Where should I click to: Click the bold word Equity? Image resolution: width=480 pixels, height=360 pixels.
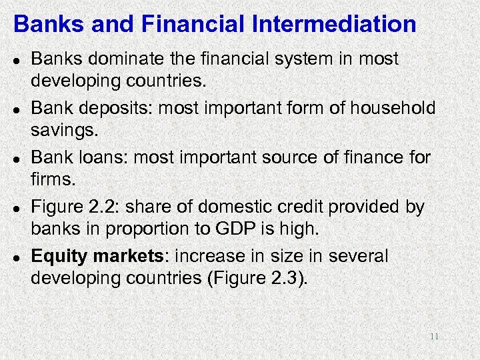tap(59, 257)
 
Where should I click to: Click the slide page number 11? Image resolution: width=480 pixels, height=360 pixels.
tap(434, 337)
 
